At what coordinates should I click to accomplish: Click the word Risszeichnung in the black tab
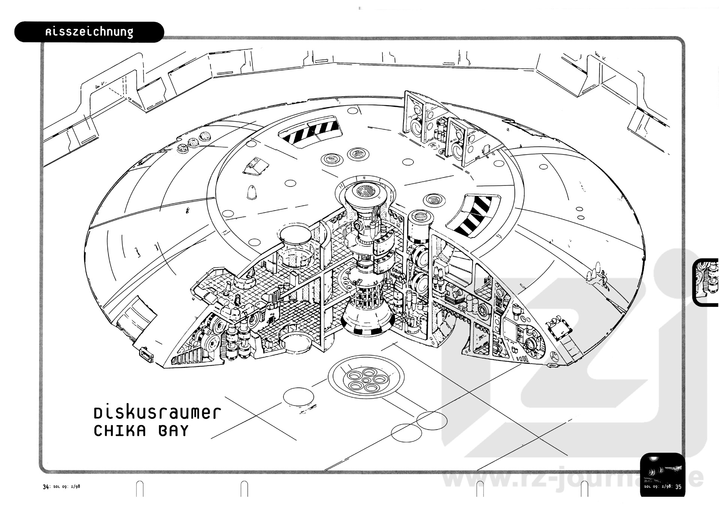pyautogui.click(x=89, y=32)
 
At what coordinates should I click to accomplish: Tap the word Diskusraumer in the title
pyautogui.click(x=157, y=413)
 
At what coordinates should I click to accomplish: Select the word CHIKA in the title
pyautogui.click(x=120, y=431)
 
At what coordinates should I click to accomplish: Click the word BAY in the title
pyautogui.click(x=173, y=431)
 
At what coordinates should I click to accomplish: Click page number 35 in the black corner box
pyautogui.click(x=678, y=487)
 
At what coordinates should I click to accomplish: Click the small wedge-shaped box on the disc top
pyautogui.click(x=256, y=166)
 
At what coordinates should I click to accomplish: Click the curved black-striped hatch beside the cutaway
pyautogui.click(x=473, y=216)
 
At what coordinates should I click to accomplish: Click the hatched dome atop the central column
pyautogui.click(x=365, y=191)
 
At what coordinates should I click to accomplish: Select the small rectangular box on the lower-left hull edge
pyautogui.click(x=146, y=354)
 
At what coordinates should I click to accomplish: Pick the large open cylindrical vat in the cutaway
pyautogui.click(x=295, y=245)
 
